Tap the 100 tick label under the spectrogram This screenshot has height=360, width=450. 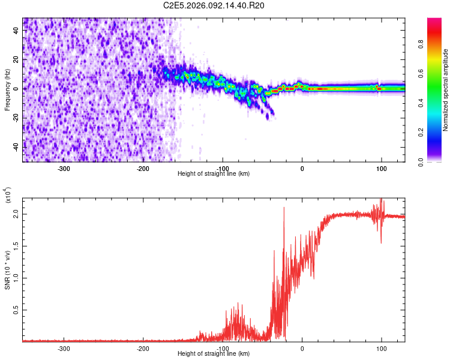[x=381, y=169]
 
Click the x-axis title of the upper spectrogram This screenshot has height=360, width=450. [x=214, y=174]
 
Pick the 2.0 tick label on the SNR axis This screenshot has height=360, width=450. [x=16, y=214]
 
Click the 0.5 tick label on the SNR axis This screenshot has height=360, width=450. [x=16, y=310]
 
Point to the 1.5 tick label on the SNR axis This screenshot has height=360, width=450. [x=16, y=245]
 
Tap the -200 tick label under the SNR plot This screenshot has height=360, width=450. [x=143, y=349]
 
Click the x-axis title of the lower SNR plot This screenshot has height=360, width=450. [x=214, y=354]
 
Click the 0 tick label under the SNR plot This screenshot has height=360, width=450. [x=302, y=349]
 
